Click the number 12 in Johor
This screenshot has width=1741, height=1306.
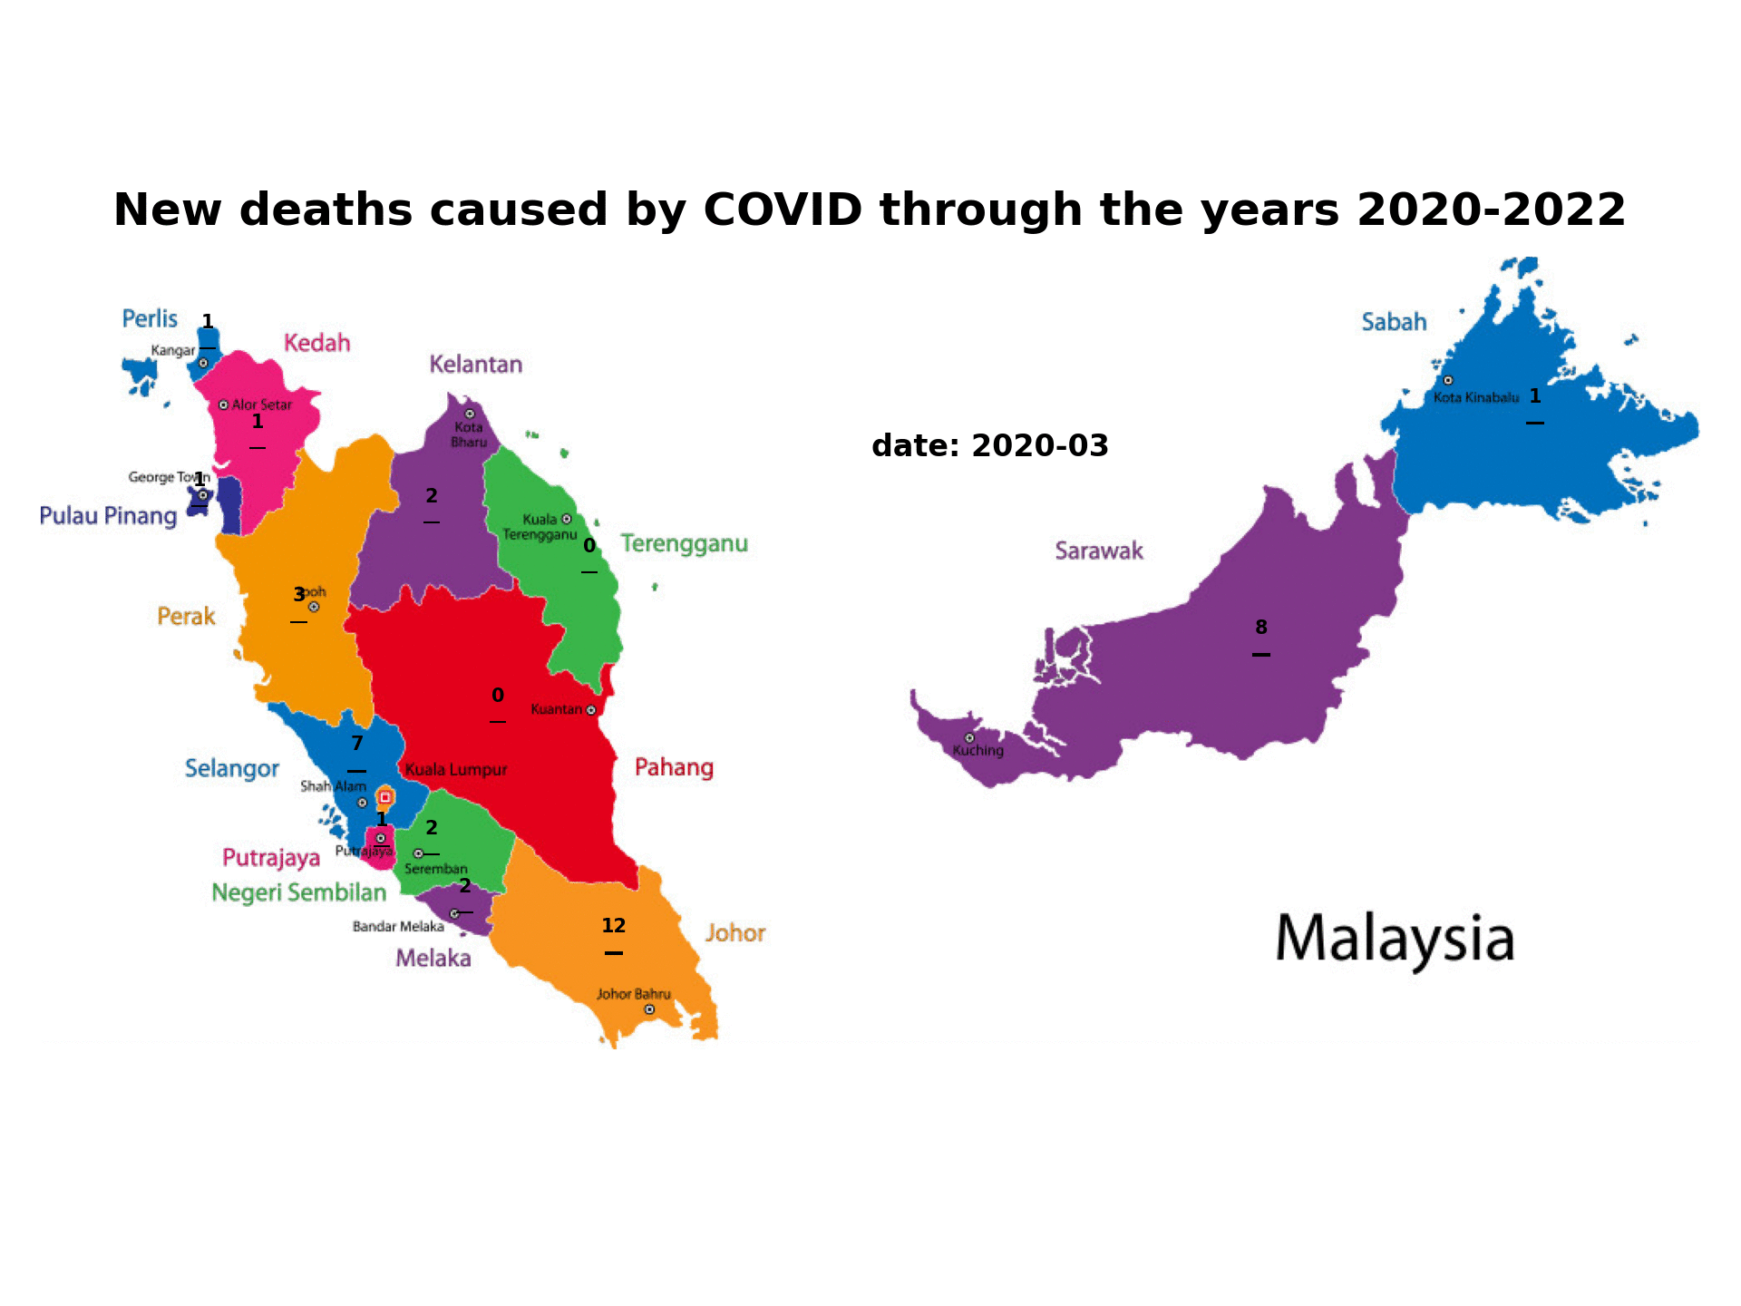click(614, 926)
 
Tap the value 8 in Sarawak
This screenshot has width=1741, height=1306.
click(1261, 628)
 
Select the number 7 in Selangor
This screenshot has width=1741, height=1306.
click(357, 745)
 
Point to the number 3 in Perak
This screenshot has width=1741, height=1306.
click(298, 595)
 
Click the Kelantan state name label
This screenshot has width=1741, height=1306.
click(475, 365)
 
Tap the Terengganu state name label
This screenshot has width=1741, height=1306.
click(684, 544)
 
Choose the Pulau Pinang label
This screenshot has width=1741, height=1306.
click(108, 516)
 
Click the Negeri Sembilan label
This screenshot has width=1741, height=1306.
click(298, 893)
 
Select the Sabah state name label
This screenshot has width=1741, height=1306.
click(1394, 322)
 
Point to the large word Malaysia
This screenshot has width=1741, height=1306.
click(1395, 940)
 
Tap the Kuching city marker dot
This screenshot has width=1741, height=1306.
click(969, 738)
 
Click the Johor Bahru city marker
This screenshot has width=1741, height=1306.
click(649, 1009)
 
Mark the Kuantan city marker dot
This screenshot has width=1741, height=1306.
click(591, 710)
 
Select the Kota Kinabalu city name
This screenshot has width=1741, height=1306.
click(1475, 397)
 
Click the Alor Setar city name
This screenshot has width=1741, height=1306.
click(261, 405)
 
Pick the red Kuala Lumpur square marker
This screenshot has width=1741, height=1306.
click(384, 797)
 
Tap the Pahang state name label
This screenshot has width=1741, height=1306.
click(674, 768)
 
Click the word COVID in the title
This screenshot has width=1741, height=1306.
click(783, 210)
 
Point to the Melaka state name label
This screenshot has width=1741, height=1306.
click(433, 959)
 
